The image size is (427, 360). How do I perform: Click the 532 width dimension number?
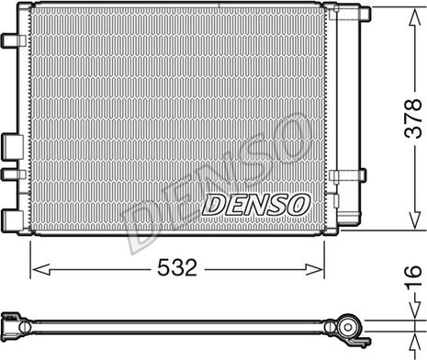click(x=177, y=267)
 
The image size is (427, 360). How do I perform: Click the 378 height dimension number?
click(x=413, y=118)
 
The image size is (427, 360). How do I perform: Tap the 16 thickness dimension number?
click(x=413, y=277)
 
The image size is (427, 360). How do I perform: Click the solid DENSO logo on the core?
click(x=255, y=204)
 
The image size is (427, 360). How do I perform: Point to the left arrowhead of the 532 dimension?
click(x=41, y=269)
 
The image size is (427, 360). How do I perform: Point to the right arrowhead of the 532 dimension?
click(x=314, y=269)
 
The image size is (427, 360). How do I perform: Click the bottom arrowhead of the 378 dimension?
click(x=414, y=219)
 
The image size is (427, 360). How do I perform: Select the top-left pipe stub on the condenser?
click(x=14, y=40)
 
